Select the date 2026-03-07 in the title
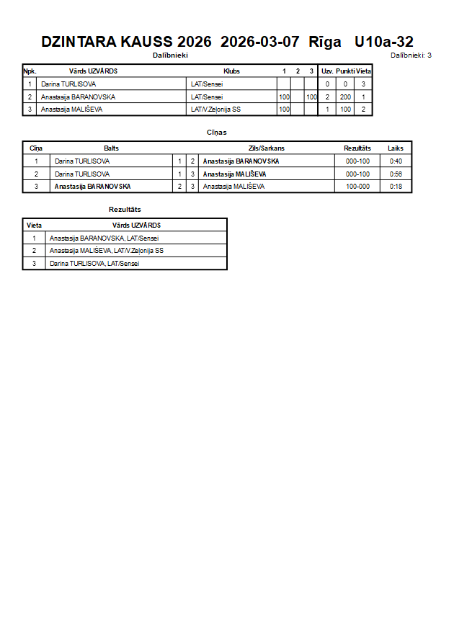pyautogui.click(x=259, y=42)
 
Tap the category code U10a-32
pyautogui.click(x=384, y=42)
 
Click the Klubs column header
pyautogui.click(x=231, y=71)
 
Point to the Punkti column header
pyautogui.click(x=344, y=71)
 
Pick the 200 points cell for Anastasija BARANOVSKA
pyautogui.click(x=345, y=97)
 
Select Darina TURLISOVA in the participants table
pyautogui.click(x=68, y=84)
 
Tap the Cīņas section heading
pyautogui.click(x=216, y=133)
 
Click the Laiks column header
pyautogui.click(x=396, y=148)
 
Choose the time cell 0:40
pyautogui.click(x=396, y=161)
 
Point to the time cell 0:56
pyautogui.click(x=396, y=174)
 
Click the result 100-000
pyautogui.click(x=357, y=187)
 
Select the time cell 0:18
pyautogui.click(x=396, y=187)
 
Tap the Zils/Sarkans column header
pyautogui.click(x=267, y=148)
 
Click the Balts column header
pyautogui.click(x=112, y=148)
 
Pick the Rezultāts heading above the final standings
pyautogui.click(x=125, y=210)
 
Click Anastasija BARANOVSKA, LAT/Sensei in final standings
pyautogui.click(x=104, y=238)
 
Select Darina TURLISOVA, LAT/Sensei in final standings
pyautogui.click(x=94, y=264)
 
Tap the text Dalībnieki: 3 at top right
pyautogui.click(x=411, y=55)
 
